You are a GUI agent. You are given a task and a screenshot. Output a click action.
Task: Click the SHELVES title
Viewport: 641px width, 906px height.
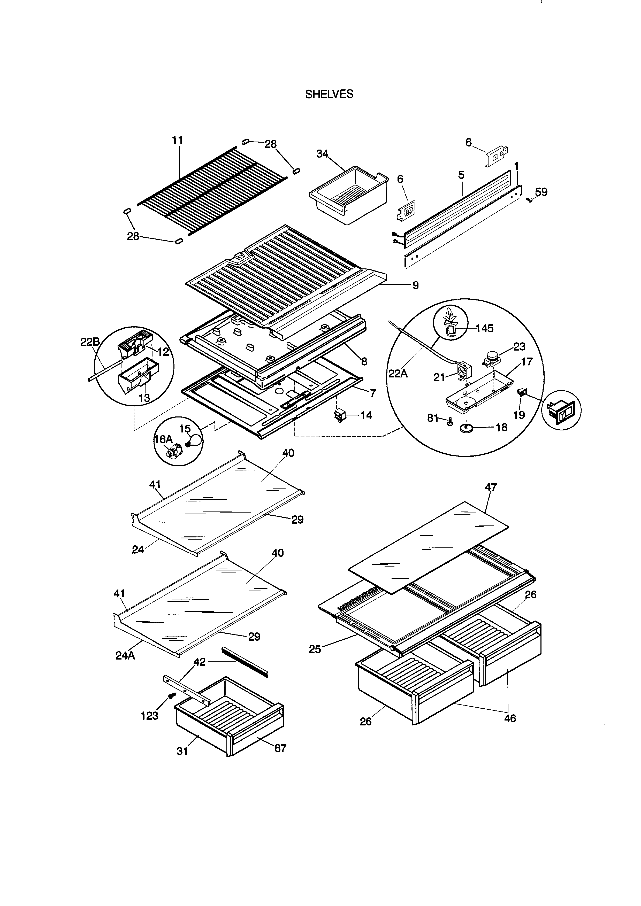click(329, 94)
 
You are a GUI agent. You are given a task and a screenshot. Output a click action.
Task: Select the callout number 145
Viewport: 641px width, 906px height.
click(484, 328)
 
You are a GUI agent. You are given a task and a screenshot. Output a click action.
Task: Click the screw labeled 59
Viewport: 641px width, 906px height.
click(530, 200)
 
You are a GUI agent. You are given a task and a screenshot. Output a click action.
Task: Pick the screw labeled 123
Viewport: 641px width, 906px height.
click(172, 696)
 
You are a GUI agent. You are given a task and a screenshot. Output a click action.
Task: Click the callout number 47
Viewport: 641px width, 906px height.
click(491, 487)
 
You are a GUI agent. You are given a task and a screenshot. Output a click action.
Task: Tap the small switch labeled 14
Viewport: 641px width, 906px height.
click(339, 415)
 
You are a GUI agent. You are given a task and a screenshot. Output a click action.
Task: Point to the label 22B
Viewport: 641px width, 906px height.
click(90, 342)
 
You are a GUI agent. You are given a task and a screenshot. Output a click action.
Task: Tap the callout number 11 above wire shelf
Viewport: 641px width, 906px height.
click(177, 140)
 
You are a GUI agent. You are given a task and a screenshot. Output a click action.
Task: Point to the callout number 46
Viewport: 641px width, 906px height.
click(510, 718)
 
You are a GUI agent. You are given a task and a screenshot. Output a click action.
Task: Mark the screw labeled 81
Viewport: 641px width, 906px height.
click(449, 423)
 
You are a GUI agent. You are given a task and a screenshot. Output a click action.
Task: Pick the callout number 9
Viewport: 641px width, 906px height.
click(415, 285)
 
